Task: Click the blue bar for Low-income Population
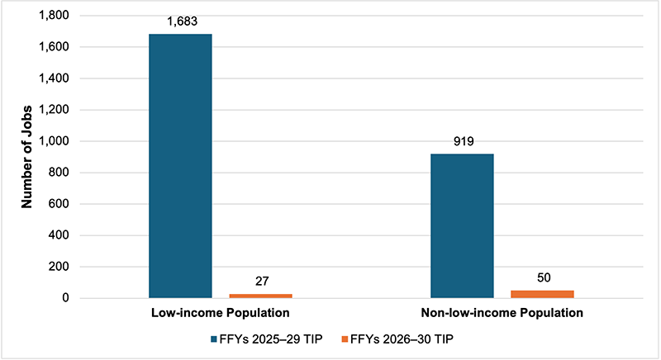click(x=180, y=165)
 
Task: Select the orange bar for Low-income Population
click(x=260, y=295)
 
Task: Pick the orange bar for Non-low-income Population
click(x=542, y=293)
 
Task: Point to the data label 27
click(x=260, y=282)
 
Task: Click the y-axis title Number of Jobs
click(x=27, y=157)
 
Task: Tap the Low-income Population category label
click(x=221, y=315)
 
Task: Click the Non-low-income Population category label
click(x=502, y=315)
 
